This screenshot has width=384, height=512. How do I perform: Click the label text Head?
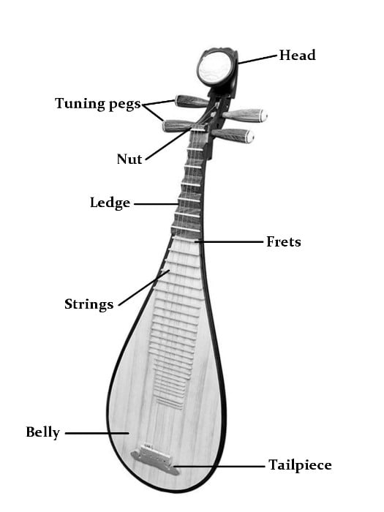(297, 55)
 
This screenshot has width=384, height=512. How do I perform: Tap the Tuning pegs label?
(98, 104)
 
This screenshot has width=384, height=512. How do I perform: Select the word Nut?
(129, 159)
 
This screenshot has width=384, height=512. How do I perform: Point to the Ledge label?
(110, 203)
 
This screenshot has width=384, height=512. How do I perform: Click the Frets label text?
(284, 241)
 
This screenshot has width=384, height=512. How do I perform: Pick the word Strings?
(89, 304)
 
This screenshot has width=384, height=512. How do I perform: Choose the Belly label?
(42, 432)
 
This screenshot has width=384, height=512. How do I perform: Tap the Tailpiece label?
(300, 465)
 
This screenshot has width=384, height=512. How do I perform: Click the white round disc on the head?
(214, 68)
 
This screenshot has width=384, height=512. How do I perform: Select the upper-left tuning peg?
(192, 101)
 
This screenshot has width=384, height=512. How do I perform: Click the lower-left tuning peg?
(178, 126)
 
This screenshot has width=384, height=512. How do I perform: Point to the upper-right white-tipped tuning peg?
(245, 116)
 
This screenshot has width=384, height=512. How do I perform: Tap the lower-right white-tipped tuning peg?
(233, 135)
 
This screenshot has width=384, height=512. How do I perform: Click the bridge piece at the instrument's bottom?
(155, 458)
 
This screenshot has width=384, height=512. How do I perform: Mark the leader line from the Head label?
(258, 59)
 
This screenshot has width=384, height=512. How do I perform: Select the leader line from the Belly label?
(97, 433)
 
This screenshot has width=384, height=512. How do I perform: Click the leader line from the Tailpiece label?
(219, 467)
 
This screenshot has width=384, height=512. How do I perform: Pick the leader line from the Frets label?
(228, 242)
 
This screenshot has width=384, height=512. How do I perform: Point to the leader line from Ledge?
(157, 204)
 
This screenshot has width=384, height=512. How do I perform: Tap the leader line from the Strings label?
(144, 287)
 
